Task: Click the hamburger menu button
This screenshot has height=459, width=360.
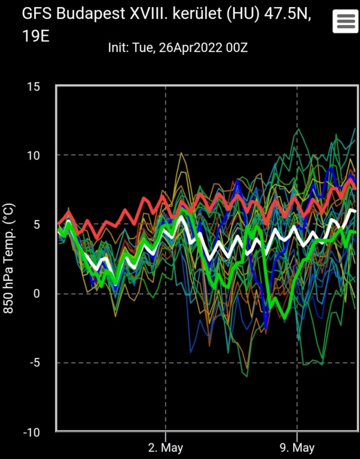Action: coord(346,21)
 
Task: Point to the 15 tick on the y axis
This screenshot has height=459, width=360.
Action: coord(33,87)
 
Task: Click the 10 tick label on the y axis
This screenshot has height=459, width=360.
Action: coord(33,156)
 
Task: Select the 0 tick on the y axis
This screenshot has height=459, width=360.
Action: coord(36,294)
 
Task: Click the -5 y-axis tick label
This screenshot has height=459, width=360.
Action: coord(34,363)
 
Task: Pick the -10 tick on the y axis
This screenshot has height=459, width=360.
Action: coord(31,432)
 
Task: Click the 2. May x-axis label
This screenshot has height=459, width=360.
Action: coord(165,448)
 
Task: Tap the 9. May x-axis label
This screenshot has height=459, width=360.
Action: coord(297,448)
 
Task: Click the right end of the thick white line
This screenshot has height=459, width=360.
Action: coord(355,210)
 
